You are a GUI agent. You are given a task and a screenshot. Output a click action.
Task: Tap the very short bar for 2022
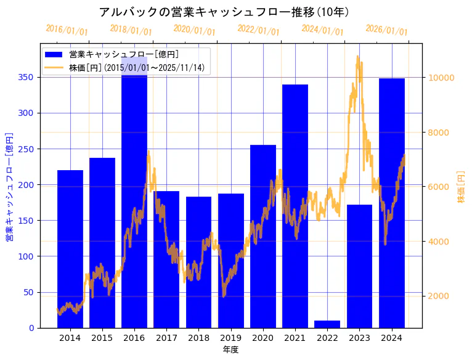click(327, 324)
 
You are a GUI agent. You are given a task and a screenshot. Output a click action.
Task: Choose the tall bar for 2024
click(392, 203)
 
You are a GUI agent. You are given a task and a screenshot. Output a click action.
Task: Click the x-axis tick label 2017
click(166, 337)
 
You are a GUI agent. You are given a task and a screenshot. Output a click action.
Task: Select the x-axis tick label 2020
click(263, 337)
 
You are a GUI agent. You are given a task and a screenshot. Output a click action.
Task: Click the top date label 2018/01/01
click(131, 30)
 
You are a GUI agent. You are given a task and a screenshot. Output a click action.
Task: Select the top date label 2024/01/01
click(322, 30)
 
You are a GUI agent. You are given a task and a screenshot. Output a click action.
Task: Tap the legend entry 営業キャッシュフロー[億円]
click(124, 55)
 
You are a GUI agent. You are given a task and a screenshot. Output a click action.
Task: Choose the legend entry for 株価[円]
click(136, 67)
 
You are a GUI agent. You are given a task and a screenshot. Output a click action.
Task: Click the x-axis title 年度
click(230, 350)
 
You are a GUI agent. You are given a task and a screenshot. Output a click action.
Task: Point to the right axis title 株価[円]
click(461, 187)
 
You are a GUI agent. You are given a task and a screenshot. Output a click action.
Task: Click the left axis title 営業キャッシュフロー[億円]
click(9, 187)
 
